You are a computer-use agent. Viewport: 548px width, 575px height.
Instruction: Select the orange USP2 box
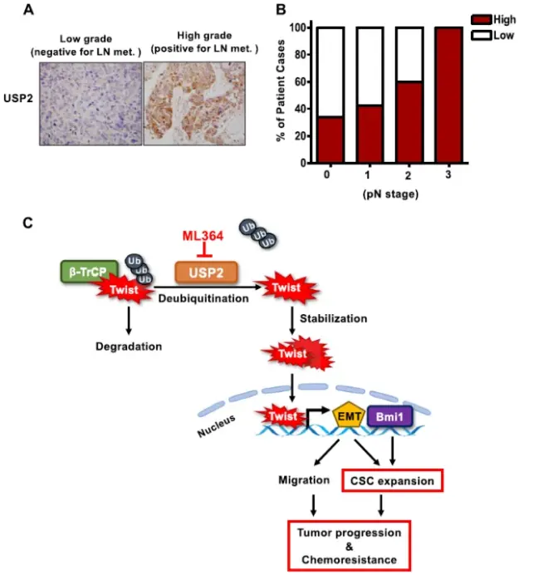(205, 272)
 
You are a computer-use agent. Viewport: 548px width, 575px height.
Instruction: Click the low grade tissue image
(91, 103)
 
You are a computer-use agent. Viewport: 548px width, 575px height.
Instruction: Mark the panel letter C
(30, 224)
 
